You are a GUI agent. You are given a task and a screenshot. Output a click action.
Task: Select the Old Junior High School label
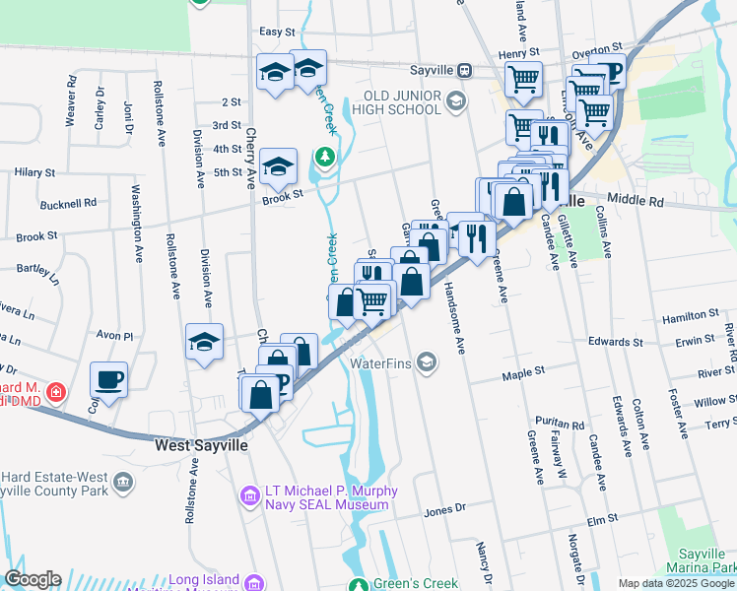pos(401,101)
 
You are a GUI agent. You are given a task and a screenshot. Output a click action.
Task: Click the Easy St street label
pos(270,32)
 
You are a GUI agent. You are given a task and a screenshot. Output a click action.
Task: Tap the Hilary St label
pos(34,172)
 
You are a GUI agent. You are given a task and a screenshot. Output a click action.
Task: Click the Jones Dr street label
pos(443,511)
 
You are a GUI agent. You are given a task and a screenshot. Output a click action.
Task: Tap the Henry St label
pos(520,53)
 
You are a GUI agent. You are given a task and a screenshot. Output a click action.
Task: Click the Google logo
pos(32,579)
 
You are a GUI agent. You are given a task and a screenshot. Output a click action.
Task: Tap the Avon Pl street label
pos(114,336)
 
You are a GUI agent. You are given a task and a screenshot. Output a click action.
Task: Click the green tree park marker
pos(323,157)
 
